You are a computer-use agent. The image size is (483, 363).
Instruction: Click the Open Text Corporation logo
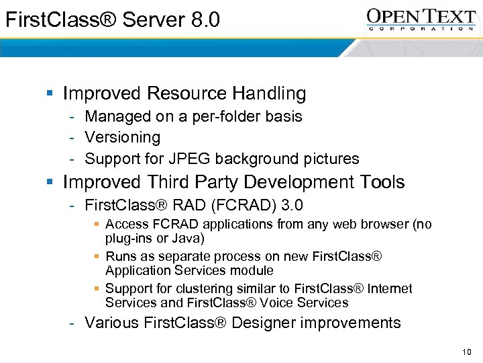421,19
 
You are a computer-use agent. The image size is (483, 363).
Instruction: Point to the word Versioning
123,138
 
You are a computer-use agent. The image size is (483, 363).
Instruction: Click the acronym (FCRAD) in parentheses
236,204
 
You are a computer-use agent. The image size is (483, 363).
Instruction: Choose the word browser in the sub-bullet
387,225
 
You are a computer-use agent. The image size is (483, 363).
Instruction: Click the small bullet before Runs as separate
97,256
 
